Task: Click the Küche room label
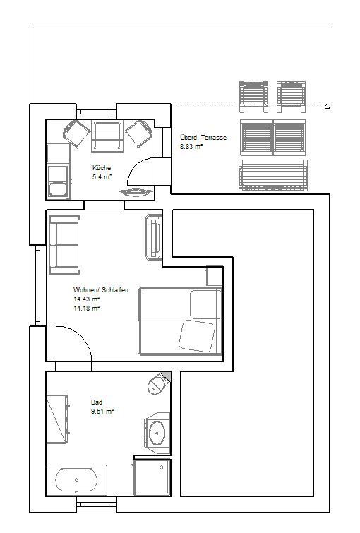pyautogui.click(x=102, y=168)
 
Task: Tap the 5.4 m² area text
pyautogui.click(x=102, y=176)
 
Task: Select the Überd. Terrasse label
pyautogui.click(x=203, y=138)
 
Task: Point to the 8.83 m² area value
pyautogui.click(x=191, y=147)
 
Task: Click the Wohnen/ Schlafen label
pyautogui.click(x=101, y=290)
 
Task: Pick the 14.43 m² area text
pyautogui.click(x=86, y=299)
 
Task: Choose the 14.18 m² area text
pyautogui.click(x=86, y=309)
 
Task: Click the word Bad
pyautogui.click(x=97, y=402)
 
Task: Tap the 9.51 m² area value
pyautogui.click(x=102, y=412)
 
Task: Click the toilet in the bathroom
pyautogui.click(x=158, y=383)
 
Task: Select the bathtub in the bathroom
pyautogui.click(x=76, y=479)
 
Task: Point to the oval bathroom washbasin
pyautogui.click(x=157, y=433)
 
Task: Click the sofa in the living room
pyautogui.click(x=64, y=245)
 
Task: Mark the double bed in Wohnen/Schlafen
pyautogui.click(x=181, y=321)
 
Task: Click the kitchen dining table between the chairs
pyautogui.click(x=107, y=136)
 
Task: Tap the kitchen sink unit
pyautogui.click(x=59, y=181)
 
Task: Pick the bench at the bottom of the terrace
pyautogui.click(x=273, y=175)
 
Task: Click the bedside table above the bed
pyautogui.click(x=215, y=276)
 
